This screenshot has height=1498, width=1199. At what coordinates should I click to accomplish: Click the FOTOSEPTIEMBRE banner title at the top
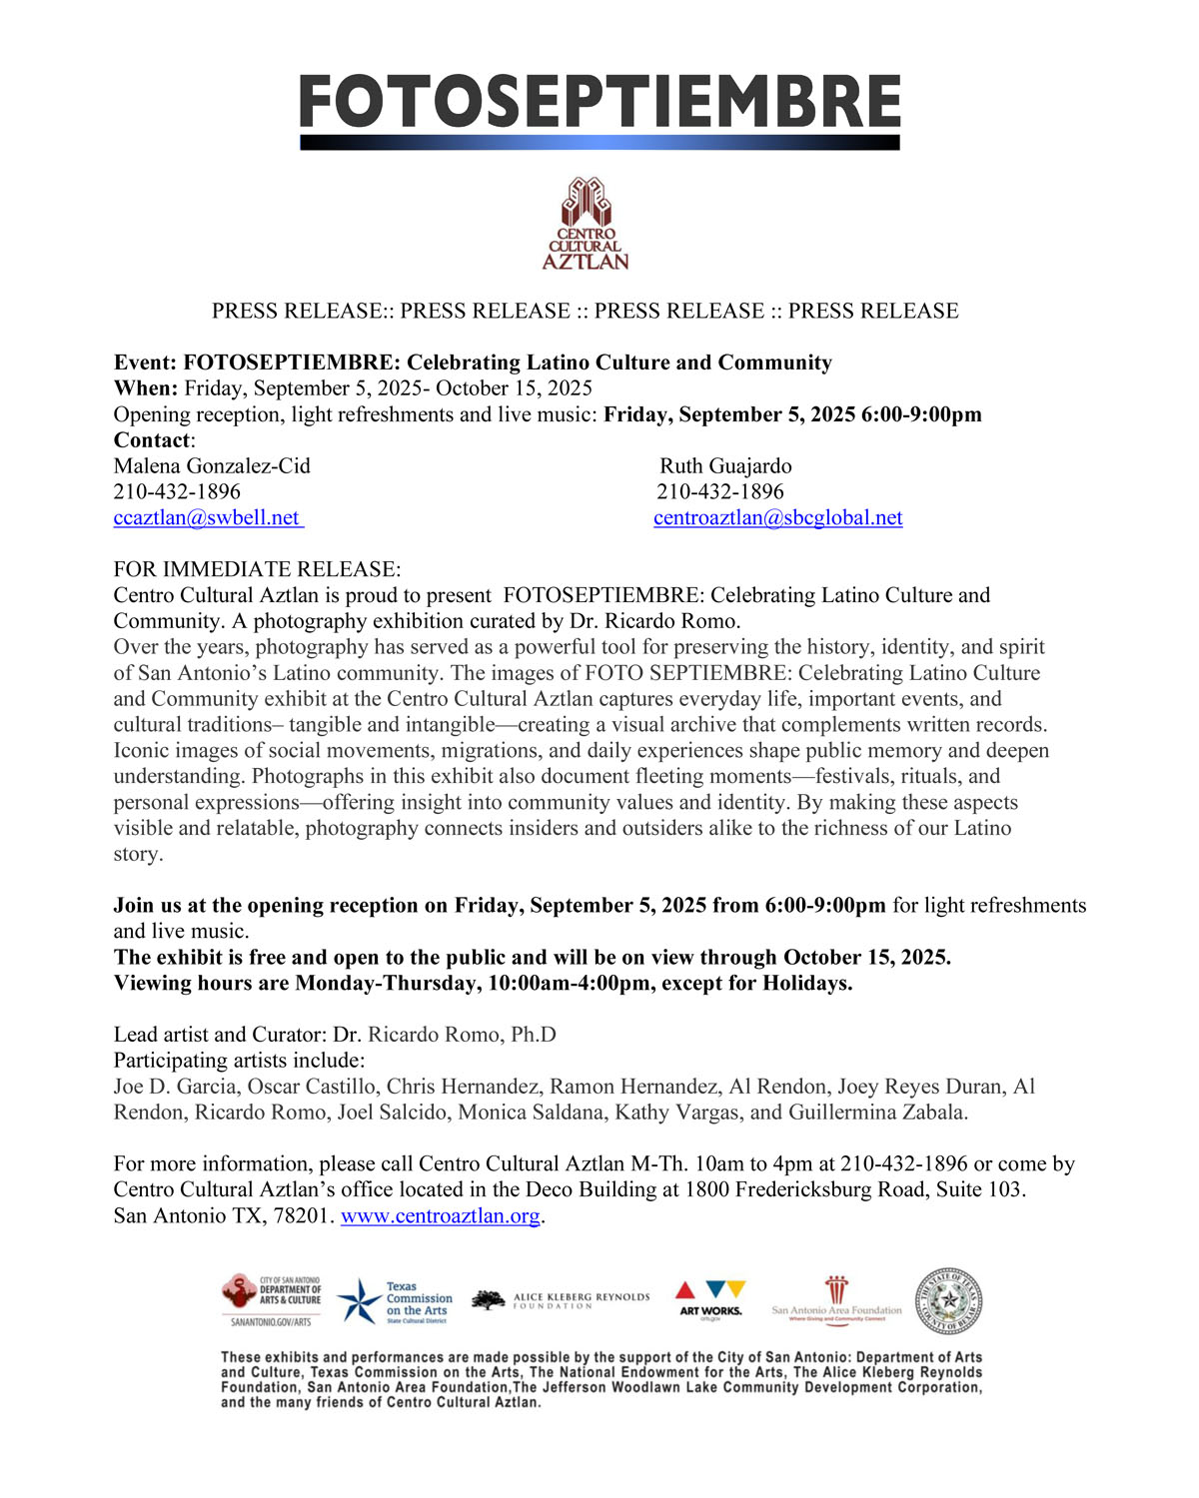point(599,102)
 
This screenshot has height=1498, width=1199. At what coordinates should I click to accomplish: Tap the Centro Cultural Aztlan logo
point(586,224)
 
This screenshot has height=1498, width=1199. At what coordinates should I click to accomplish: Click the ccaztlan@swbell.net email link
point(207,517)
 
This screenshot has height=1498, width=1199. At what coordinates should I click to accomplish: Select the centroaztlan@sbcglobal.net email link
point(777,517)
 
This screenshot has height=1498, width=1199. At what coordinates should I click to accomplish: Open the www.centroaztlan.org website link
point(440,1215)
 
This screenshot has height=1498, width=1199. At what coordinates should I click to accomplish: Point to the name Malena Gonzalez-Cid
point(212,465)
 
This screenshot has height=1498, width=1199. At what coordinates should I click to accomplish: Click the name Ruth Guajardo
point(725,465)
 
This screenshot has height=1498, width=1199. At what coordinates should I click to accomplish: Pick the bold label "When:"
point(146,387)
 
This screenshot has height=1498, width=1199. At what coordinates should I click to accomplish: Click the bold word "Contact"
point(152,439)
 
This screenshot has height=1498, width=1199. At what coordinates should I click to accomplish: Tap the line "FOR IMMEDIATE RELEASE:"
point(257,569)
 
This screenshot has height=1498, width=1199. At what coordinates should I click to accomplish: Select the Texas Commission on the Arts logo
point(396,1302)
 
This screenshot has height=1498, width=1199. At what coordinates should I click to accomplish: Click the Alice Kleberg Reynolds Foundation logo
point(561,1300)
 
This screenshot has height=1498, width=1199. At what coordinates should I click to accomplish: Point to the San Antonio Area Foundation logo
point(836,1300)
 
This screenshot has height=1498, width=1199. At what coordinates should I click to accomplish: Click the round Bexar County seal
point(948,1301)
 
